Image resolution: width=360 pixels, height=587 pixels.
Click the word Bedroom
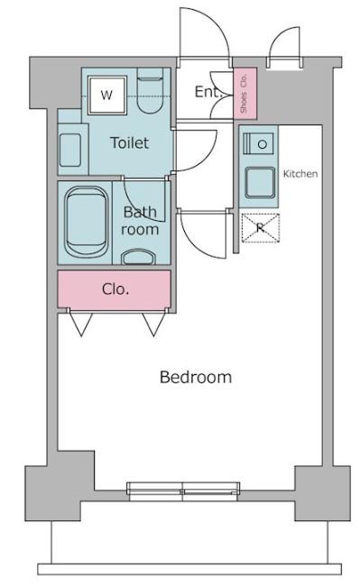coord(196,377)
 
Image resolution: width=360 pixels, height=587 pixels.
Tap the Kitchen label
coord(300,174)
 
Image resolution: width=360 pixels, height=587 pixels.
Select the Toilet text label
coord(130,142)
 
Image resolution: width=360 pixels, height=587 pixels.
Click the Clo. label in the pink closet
coord(115,289)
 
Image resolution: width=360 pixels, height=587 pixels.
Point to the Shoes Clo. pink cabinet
coord(245,93)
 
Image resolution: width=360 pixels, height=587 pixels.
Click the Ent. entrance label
coord(208,92)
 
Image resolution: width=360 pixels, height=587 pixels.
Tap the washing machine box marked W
coord(107,95)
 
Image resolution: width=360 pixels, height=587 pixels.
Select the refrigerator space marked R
coord(261,227)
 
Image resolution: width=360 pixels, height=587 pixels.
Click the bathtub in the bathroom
coord(86,223)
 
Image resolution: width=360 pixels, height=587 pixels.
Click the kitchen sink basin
coord(260,182)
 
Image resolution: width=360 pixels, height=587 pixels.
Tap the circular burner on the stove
coord(263,143)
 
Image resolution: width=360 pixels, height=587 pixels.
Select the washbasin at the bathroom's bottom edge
coord(139,257)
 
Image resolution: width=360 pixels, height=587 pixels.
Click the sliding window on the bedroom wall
coord(183,491)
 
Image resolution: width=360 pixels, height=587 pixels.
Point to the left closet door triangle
coord(81,325)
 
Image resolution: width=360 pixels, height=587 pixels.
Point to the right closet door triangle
coord(153,325)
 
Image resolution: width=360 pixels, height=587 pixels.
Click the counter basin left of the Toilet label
coord(70,150)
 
